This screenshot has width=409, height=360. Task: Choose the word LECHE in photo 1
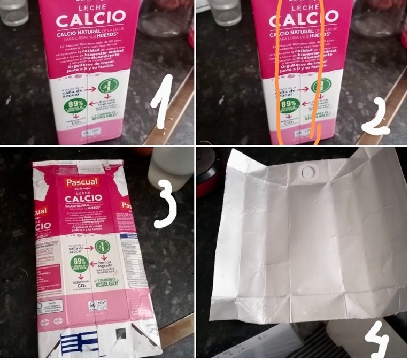point(91,9)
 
